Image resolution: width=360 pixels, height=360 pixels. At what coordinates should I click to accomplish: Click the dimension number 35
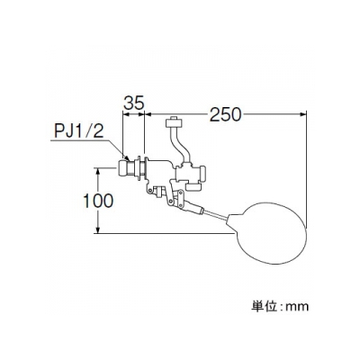point(134,103)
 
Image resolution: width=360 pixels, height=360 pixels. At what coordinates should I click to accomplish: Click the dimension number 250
point(225,114)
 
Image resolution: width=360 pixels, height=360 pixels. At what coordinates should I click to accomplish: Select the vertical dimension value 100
point(98,201)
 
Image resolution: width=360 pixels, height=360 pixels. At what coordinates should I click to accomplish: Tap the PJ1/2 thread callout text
point(79,130)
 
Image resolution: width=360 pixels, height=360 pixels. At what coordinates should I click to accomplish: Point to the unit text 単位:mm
point(279,306)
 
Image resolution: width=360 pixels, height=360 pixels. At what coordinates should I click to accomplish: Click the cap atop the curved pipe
point(174,122)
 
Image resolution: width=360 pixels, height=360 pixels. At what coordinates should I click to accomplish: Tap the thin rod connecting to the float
point(215,215)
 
